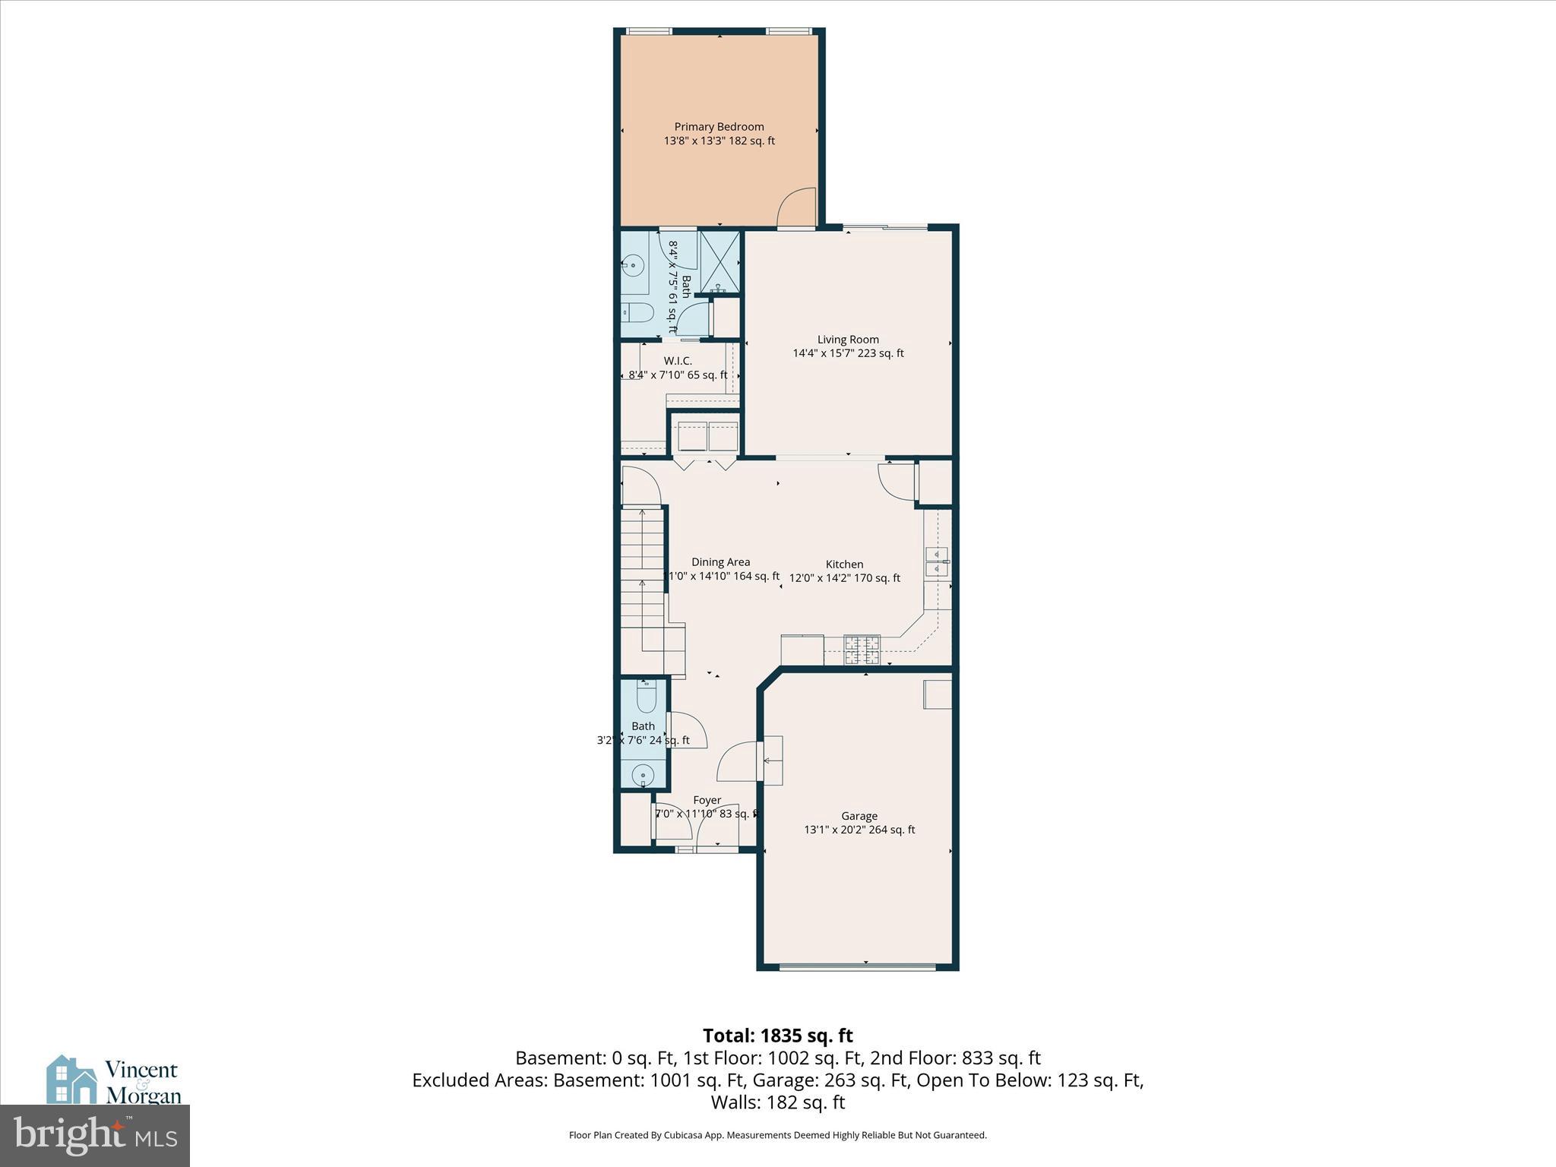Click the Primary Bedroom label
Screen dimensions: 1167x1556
pos(719,127)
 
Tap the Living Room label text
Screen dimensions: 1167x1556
pos(848,340)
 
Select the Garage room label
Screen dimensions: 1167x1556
pos(859,816)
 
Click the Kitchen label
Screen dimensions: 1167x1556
pos(844,565)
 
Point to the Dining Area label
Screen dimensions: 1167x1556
pos(720,562)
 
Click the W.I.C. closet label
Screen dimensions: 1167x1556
pos(678,361)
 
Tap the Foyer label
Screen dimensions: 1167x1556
pos(707,800)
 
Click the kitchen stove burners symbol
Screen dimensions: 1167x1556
pos(862,649)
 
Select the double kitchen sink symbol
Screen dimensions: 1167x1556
pos(937,561)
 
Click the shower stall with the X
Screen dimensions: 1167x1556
pos(719,261)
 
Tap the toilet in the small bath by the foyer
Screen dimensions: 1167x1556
pos(646,696)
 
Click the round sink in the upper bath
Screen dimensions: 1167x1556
pos(634,265)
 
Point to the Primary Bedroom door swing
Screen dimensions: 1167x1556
pos(796,208)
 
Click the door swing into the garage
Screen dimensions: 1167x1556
pos(737,762)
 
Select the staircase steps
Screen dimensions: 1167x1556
pos(643,577)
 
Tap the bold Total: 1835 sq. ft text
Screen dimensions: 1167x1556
pos(777,1036)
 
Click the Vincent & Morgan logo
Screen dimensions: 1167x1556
pos(114,1080)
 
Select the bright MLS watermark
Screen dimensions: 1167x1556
pos(95,1135)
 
